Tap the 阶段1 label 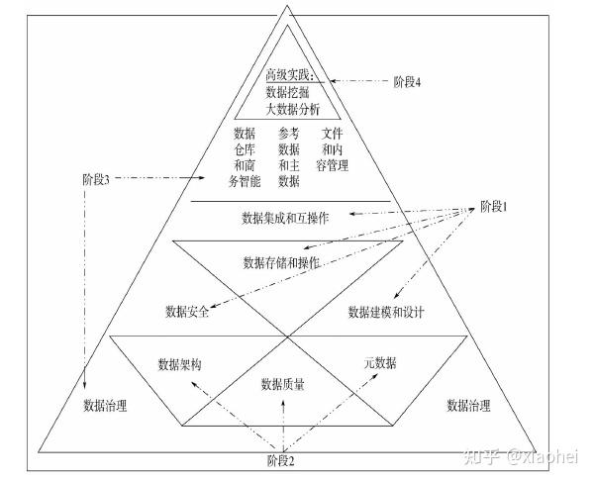click(491, 206)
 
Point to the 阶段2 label click(281, 460)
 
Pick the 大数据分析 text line click(287, 110)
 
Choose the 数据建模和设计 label click(386, 313)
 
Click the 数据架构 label click(180, 364)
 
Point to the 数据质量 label click(282, 384)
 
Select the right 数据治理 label click(469, 405)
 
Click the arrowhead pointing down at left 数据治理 click(85, 388)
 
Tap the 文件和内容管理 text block click(337, 148)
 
